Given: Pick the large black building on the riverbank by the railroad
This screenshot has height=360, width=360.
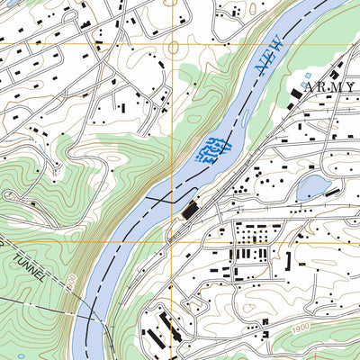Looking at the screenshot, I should (x=190, y=211).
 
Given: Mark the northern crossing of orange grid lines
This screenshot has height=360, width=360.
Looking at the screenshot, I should (x=167, y=44).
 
